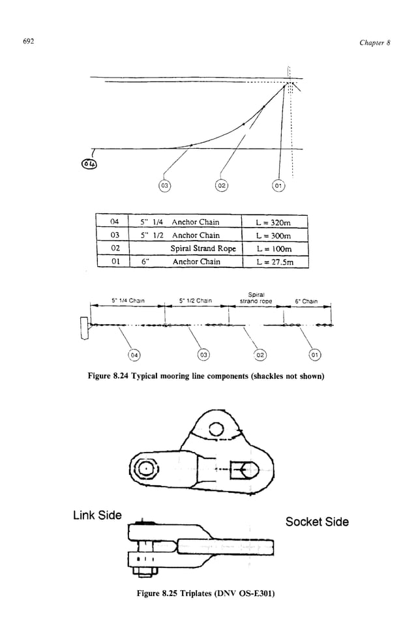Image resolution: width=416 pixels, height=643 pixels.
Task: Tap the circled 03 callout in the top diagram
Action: point(165,186)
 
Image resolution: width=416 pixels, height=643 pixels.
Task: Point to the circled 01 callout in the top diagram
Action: point(278,186)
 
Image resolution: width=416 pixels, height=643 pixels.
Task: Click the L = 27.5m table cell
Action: point(274,262)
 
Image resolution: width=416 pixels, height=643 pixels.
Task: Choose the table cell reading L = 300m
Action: point(274,235)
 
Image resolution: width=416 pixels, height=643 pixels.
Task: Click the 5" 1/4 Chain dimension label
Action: point(127,301)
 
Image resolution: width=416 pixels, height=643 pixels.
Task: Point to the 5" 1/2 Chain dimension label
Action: point(196,301)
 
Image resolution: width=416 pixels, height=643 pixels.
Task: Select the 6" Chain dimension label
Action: point(306,301)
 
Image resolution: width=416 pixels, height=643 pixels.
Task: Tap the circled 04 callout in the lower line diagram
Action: point(134,355)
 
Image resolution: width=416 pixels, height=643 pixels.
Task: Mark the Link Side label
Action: point(97,515)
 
